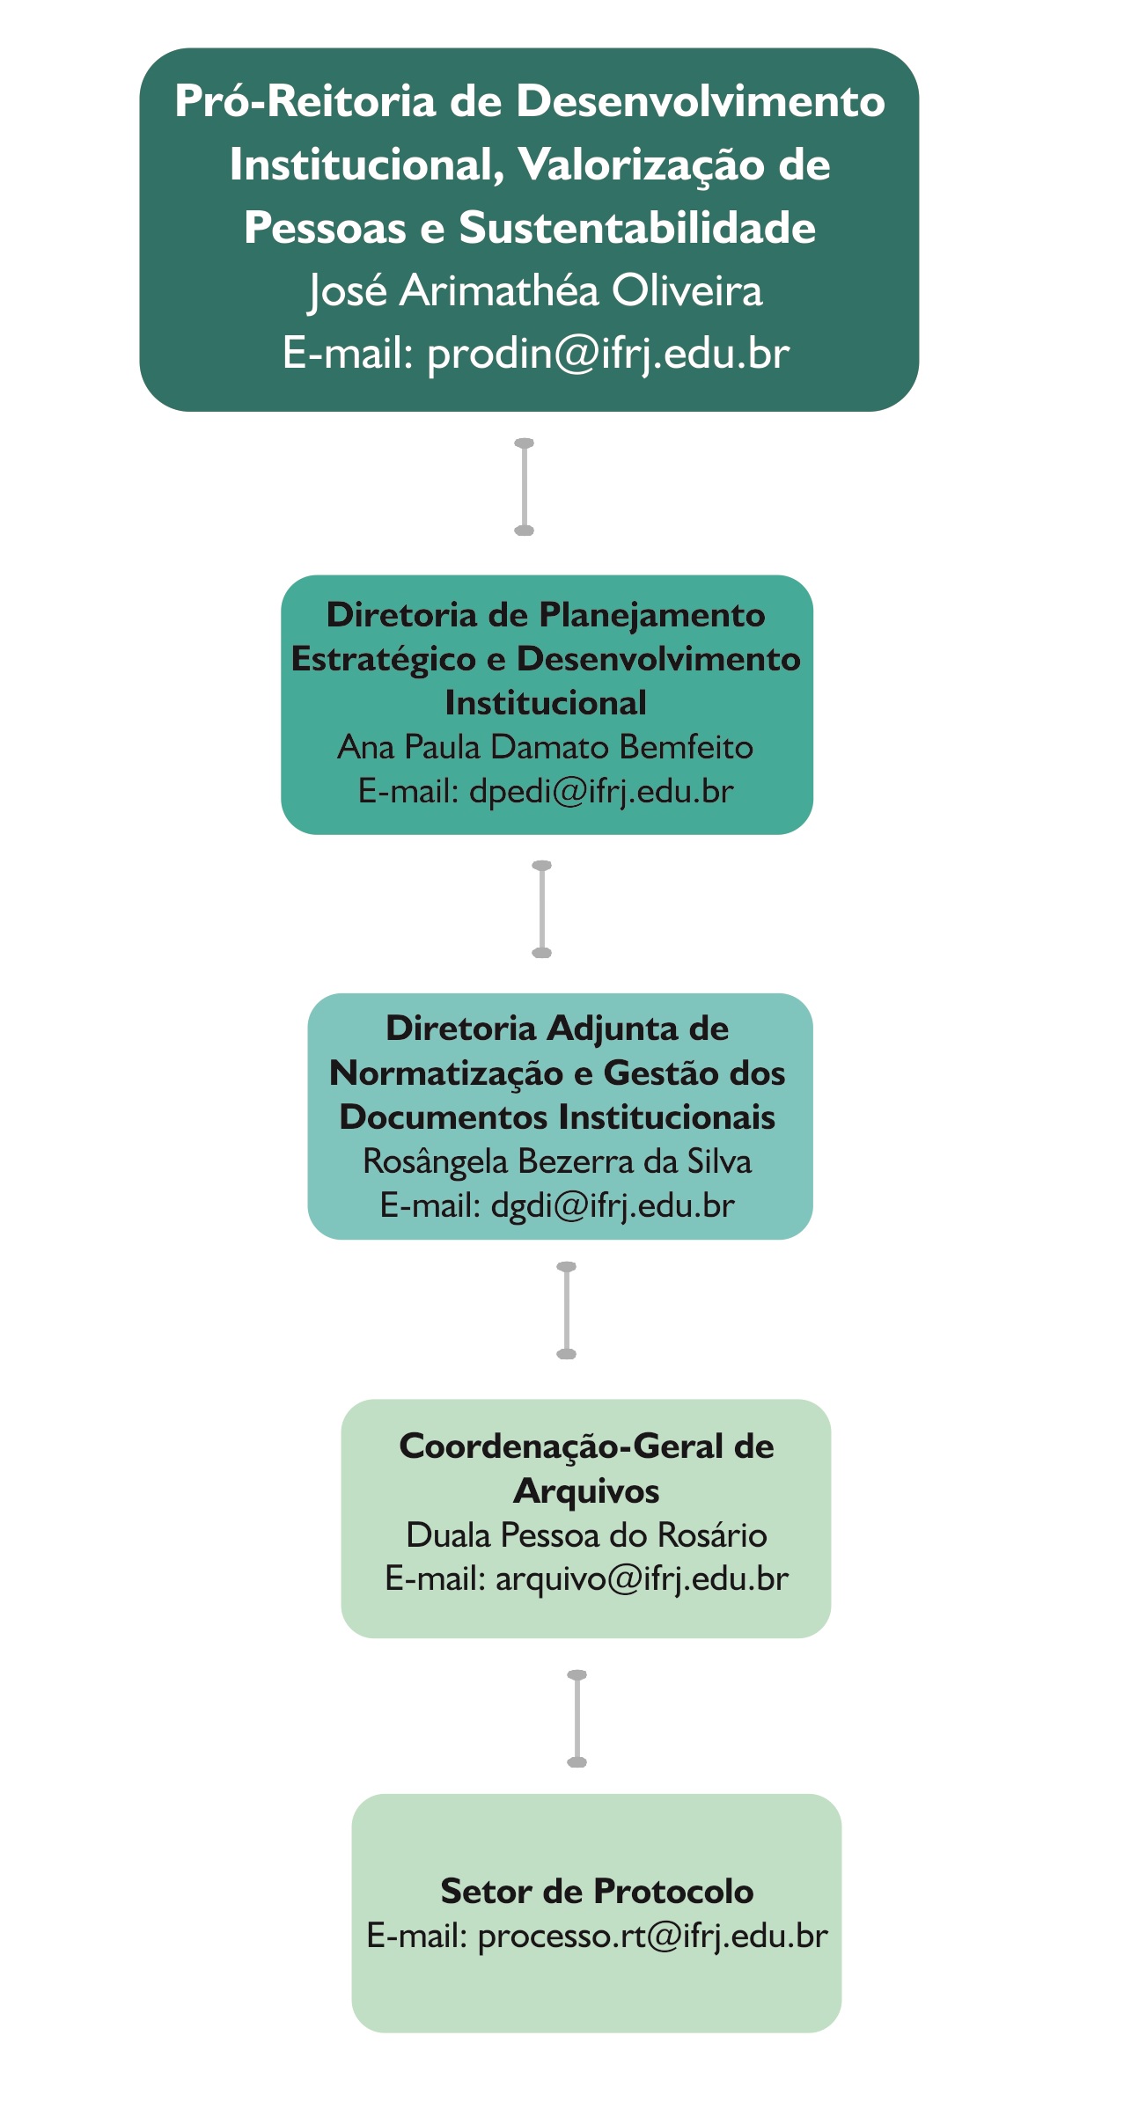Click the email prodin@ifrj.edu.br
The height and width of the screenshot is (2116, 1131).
pos(607,355)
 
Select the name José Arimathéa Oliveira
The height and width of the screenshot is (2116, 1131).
pos(535,291)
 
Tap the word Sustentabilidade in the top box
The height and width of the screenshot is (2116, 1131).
pos(637,228)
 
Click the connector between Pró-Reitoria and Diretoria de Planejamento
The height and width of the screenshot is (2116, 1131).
pos(524,487)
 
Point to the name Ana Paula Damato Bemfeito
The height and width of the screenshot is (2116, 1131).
pos(545,747)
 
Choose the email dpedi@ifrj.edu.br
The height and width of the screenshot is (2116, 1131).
pos(601,791)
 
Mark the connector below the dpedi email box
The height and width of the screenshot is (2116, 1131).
pos(542,909)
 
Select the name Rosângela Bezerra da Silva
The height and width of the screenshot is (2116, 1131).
pos(557,1161)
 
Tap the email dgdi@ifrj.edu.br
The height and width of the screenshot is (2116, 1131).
pos(613,1205)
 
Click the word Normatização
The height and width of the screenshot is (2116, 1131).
pos(446,1073)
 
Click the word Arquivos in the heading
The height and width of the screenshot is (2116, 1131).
pos(586,1491)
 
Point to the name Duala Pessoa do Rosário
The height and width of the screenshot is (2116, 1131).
pos(586,1535)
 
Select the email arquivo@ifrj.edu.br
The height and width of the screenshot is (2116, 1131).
pos(642,1579)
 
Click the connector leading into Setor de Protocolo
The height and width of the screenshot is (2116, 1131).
pos(577,1718)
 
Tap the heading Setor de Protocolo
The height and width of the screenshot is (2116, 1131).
pos(597,1891)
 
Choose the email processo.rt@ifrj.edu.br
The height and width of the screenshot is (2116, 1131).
pos(652,1936)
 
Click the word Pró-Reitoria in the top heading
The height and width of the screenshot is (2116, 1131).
pos(305,101)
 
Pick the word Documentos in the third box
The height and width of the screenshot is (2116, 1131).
pos(444,1117)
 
